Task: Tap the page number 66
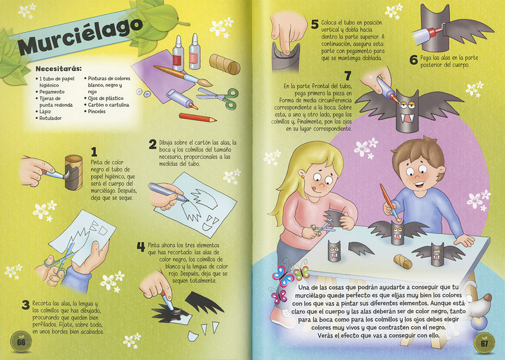pos(21,342)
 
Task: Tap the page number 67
pos(485,343)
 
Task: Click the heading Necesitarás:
pos(59,68)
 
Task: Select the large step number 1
pos(94,152)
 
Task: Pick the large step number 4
pos(141,247)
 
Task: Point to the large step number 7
pos(348,76)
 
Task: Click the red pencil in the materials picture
pos(197,118)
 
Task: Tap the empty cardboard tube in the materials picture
pos(225,64)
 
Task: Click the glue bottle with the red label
pos(178,54)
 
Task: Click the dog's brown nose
pos(488,297)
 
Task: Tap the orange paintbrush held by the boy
pos(390,202)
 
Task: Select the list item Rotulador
pos(50,118)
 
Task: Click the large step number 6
pos(414,60)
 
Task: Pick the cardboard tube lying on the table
pos(403,261)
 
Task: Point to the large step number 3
pos(26,305)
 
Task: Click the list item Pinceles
pos(97,112)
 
